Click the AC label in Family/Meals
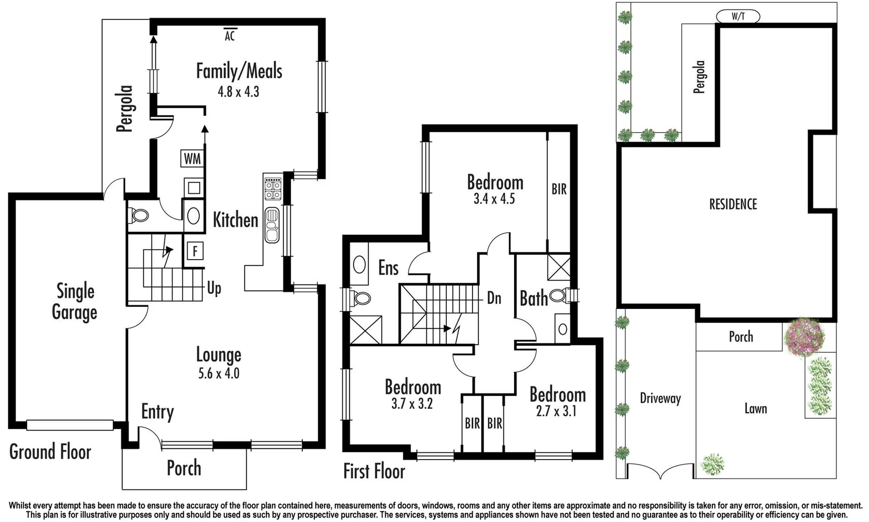pyautogui.click(x=230, y=35)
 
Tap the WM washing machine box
pyautogui.click(x=192, y=159)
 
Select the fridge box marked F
pyautogui.click(x=195, y=251)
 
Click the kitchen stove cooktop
pyautogui.click(x=273, y=188)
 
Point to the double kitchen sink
pyautogui.click(x=272, y=225)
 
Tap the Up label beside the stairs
pyautogui.click(x=214, y=288)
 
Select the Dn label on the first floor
pyautogui.click(x=494, y=298)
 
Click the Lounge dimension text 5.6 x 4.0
pyautogui.click(x=219, y=373)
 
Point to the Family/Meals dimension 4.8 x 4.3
pyautogui.click(x=238, y=91)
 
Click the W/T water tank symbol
pyautogui.click(x=737, y=16)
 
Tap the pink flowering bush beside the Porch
pyautogui.click(x=804, y=337)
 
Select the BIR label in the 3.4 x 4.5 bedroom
pyautogui.click(x=559, y=189)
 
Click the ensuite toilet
pyautogui.click(x=360, y=298)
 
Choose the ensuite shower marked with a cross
pyautogui.click(x=366, y=330)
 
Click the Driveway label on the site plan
pyautogui.click(x=660, y=398)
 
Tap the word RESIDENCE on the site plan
pyautogui.click(x=733, y=204)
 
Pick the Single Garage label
pyautogui.click(x=75, y=302)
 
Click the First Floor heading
pyautogui.click(x=374, y=471)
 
